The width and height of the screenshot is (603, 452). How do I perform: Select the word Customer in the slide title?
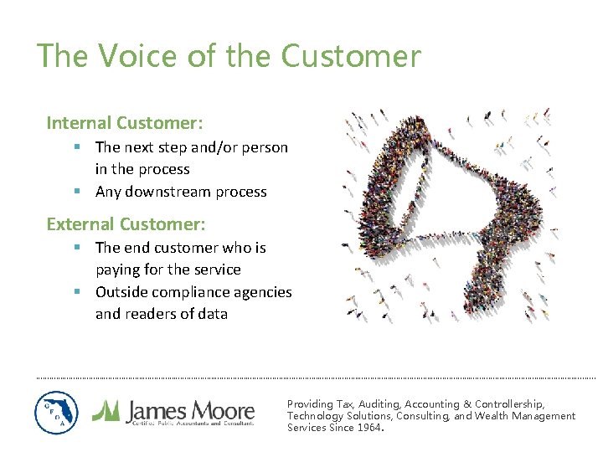click(351, 56)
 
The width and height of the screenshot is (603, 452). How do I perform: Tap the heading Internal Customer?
click(125, 123)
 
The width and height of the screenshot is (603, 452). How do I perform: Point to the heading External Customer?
click(126, 224)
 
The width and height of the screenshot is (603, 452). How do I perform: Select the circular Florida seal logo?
click(57, 413)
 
